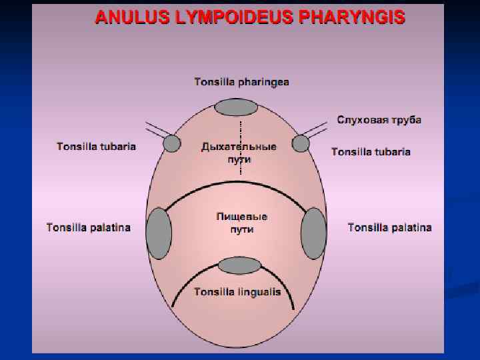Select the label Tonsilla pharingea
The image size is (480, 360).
[x=241, y=82]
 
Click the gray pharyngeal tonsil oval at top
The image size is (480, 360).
[x=237, y=108]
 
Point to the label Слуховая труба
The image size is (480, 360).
[x=379, y=120]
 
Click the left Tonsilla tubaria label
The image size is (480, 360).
[x=96, y=147]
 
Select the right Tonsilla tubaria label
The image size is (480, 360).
[x=371, y=152]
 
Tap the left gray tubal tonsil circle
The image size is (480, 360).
[x=172, y=143]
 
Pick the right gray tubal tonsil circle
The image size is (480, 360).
[x=301, y=143]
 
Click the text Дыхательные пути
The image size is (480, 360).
[x=239, y=153]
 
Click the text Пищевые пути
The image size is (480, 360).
[x=242, y=223]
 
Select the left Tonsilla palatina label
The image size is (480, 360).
[x=88, y=227]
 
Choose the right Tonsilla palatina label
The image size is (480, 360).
[x=389, y=227]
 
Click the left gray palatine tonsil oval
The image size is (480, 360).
[x=159, y=233]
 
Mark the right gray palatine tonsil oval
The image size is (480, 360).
[x=313, y=233]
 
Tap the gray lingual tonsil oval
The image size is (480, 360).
[x=239, y=266]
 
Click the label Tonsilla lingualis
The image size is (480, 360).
[x=237, y=292]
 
